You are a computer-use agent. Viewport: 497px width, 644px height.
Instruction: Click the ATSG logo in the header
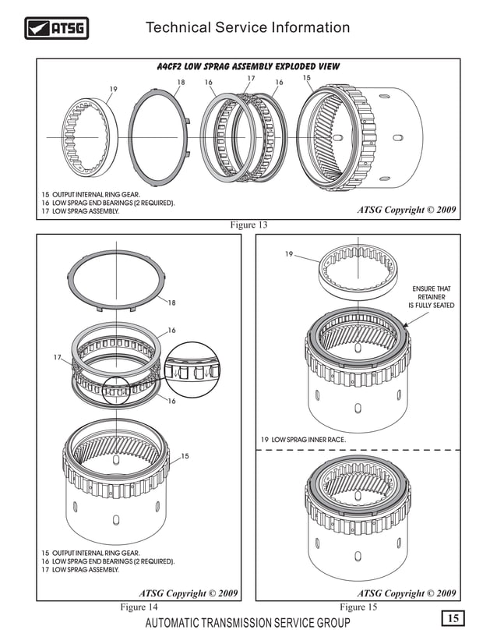point(57,29)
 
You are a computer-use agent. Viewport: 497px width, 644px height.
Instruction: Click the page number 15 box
point(452,619)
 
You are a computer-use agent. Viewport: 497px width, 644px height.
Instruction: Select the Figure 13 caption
point(248,225)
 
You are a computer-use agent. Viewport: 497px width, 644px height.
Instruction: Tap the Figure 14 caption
point(139,607)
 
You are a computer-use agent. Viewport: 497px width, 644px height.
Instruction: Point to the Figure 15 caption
point(358,607)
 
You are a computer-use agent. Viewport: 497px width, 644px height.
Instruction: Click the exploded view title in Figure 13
point(248,67)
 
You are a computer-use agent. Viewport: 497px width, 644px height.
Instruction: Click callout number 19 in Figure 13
point(113,89)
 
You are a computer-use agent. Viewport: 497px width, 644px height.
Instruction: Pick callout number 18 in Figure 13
point(181,82)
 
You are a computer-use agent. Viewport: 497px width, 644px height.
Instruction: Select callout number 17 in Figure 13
point(251,79)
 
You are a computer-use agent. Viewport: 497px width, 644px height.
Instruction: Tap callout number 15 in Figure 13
point(306,78)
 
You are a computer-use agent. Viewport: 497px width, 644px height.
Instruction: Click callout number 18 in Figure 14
point(171,303)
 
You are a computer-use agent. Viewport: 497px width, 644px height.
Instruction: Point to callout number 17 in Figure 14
point(58,358)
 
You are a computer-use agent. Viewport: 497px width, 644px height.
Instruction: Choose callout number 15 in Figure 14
point(185,456)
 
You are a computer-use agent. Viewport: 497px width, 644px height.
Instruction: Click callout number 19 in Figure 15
point(288,254)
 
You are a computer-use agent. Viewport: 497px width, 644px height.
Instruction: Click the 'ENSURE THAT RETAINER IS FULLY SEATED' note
point(431,297)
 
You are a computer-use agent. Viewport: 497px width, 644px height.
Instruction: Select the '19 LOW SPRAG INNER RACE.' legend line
point(303,440)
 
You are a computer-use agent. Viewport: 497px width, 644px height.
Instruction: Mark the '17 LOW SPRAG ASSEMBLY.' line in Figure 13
point(81,211)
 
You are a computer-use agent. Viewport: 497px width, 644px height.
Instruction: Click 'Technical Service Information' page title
point(248,28)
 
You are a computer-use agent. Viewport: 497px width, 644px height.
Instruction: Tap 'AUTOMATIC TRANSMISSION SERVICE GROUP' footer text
point(248,623)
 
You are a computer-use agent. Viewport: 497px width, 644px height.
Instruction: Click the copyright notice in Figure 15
point(407,593)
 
